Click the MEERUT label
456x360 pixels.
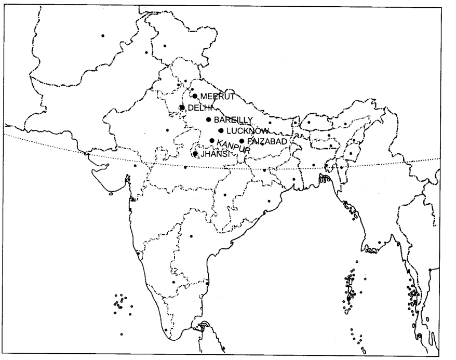[218, 97]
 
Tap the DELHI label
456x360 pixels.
[198, 108]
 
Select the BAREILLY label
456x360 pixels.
[229, 120]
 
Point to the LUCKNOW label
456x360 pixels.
[247, 131]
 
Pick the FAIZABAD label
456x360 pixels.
[267, 141]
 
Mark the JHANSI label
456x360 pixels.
[214, 154]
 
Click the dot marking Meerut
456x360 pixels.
[195, 96]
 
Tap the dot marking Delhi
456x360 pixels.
[182, 108]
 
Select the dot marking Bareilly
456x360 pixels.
[208, 119]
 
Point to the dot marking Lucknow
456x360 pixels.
[221, 130]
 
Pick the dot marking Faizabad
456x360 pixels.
[242, 141]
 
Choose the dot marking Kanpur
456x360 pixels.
[212, 141]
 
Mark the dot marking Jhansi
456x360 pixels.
[195, 154]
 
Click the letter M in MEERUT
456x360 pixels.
[204, 97]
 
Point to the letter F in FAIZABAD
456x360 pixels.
[250, 141]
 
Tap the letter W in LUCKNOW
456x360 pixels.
[265, 131]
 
